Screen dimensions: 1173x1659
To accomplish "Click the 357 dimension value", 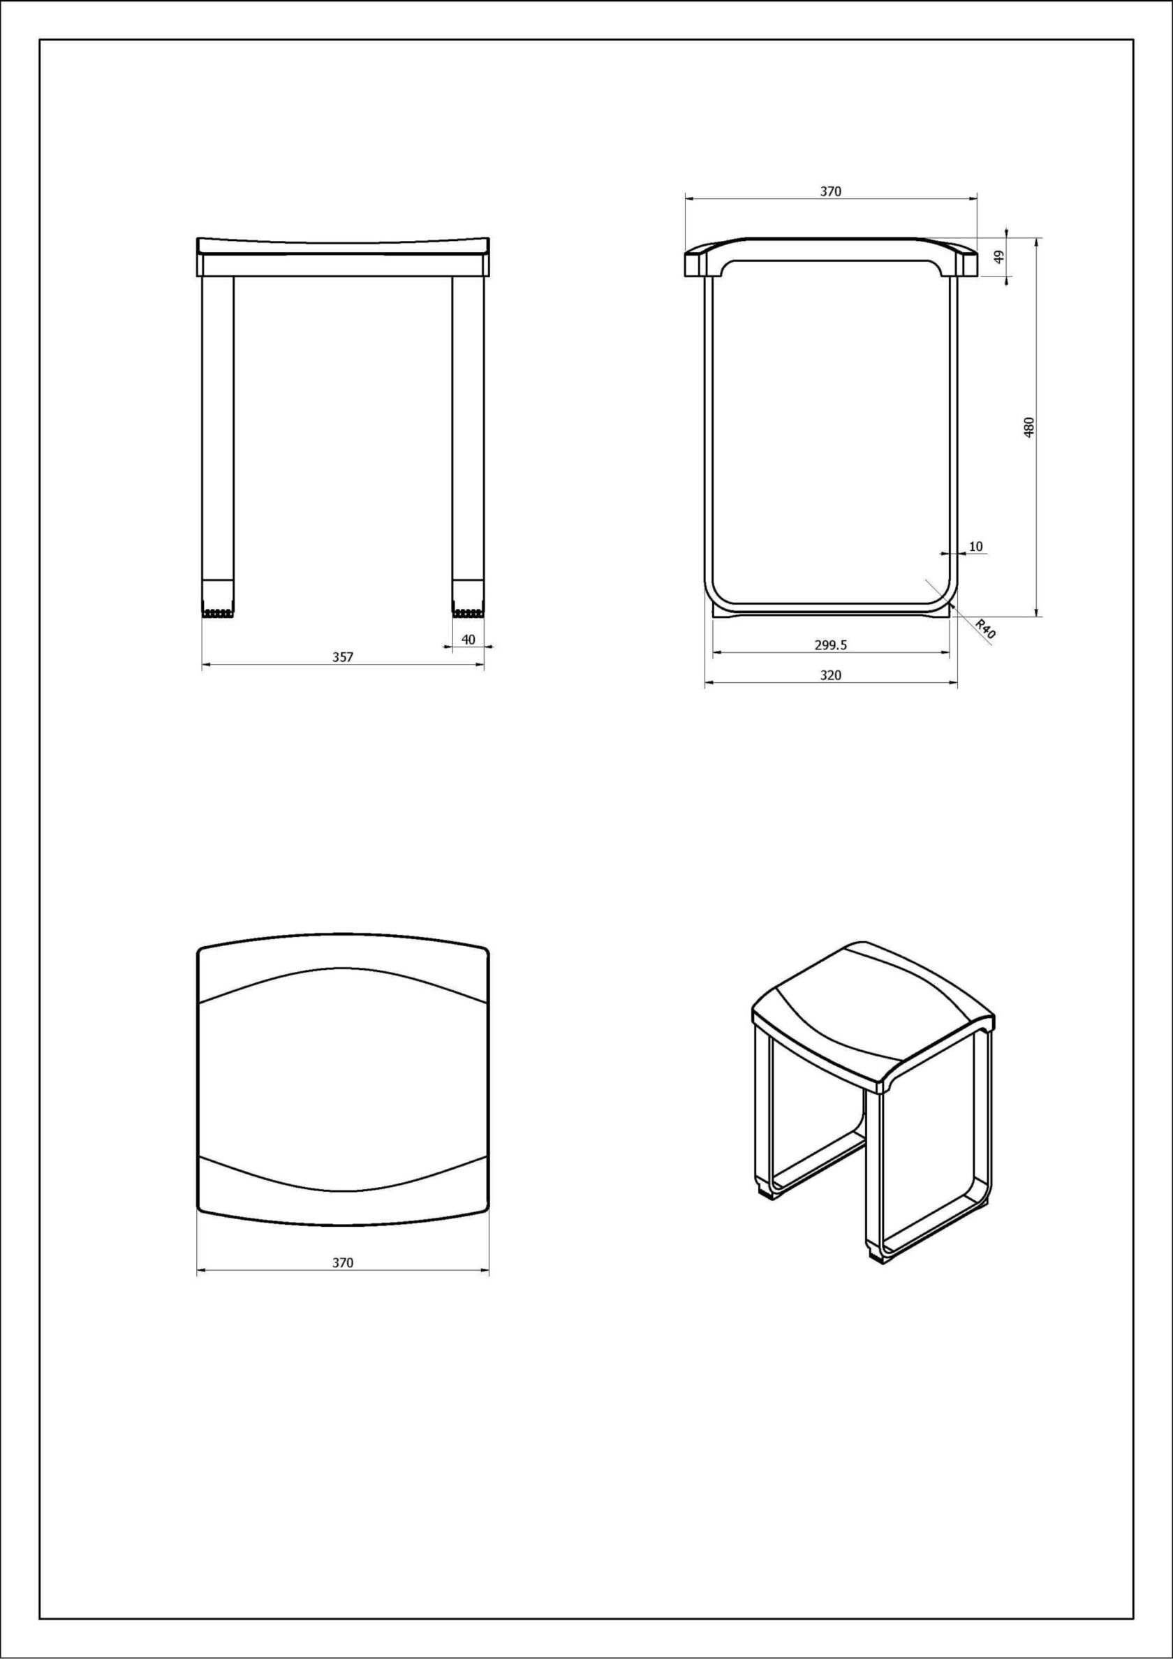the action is [343, 657].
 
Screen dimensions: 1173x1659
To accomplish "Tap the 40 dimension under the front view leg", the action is [469, 640].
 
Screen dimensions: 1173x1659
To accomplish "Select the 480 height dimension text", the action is [1029, 427].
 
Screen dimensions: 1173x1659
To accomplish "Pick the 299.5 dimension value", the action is [830, 646].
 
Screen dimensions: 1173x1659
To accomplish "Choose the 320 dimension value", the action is [830, 675].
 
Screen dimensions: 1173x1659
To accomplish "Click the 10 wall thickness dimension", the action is [975, 546].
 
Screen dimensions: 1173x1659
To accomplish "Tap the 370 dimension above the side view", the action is [830, 191].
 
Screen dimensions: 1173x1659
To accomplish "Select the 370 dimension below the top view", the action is [343, 1262].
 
